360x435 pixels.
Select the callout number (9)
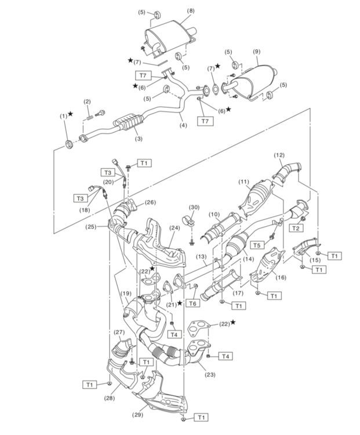tap(256, 51)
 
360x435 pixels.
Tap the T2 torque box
tap(296, 229)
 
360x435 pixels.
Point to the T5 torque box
tap(256, 245)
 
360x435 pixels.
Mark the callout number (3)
tap(139, 139)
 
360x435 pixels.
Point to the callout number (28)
tap(110, 398)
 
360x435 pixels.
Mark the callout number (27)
tap(118, 332)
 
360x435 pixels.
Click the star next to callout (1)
tap(71, 114)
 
